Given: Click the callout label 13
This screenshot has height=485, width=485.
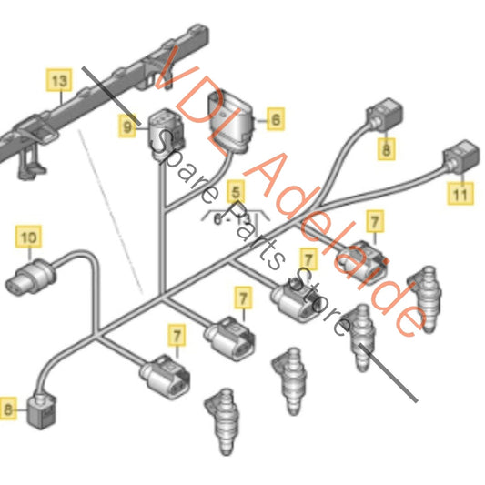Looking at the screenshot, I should click(58, 82).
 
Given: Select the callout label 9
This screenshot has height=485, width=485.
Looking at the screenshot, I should click(128, 129).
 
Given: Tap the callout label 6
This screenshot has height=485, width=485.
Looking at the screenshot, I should click(274, 118).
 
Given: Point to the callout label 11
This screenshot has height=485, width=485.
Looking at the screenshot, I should click(460, 194).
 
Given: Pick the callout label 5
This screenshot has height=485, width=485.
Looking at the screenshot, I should click(237, 192).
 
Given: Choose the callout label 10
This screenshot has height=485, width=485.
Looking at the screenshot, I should click(29, 239).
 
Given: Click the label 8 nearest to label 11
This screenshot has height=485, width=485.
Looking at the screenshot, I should click(387, 148).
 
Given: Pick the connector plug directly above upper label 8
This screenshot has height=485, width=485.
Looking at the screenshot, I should click(379, 117).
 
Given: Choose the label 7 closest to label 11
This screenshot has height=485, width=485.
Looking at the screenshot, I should click(374, 221).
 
